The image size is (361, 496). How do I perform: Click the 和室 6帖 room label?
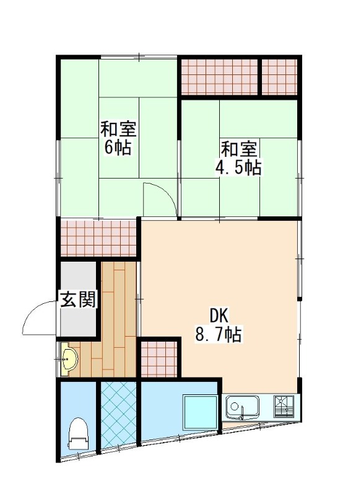119,139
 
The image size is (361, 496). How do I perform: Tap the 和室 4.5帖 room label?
241,157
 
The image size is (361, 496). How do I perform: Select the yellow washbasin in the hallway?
67,358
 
